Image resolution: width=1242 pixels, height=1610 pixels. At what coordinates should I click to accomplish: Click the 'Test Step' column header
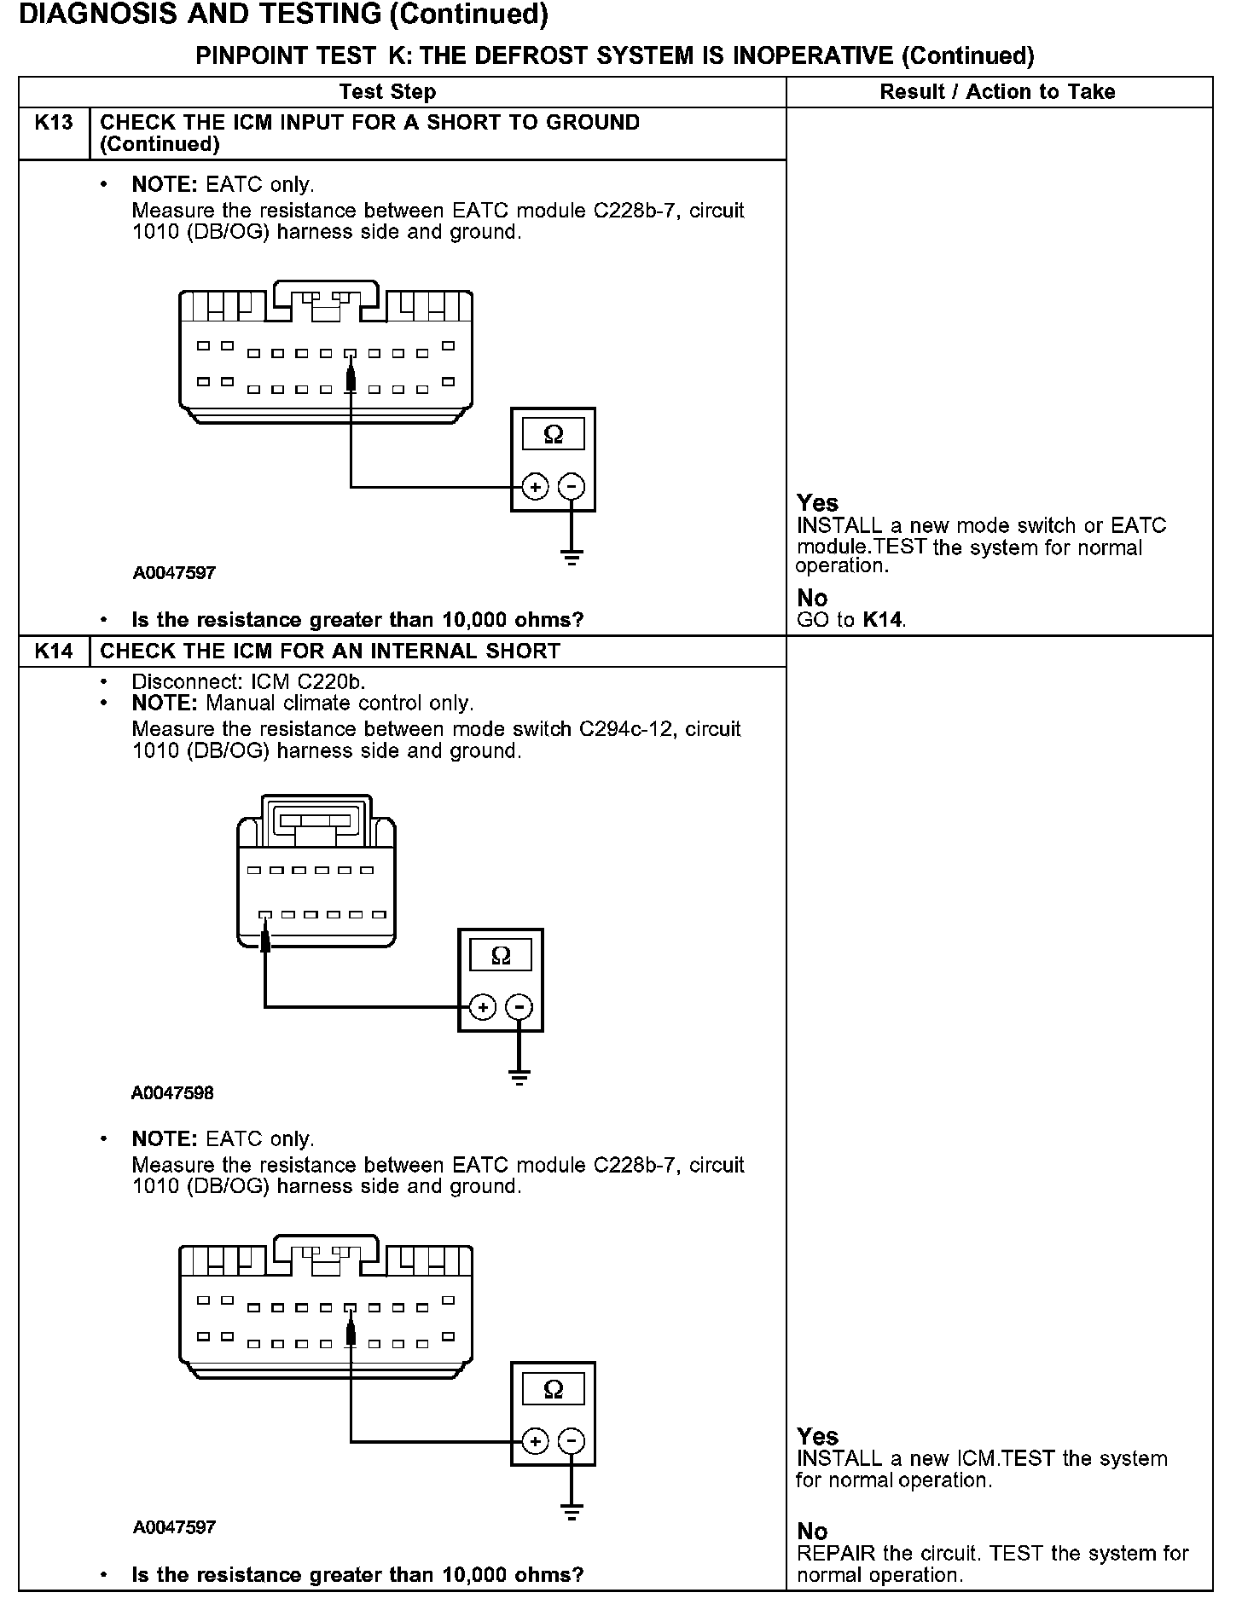(x=387, y=92)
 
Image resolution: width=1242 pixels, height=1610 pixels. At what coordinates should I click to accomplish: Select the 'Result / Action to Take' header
(x=997, y=92)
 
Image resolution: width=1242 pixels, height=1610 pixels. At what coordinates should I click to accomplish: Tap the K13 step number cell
(x=54, y=123)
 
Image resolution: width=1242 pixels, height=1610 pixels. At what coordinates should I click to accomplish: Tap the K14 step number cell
(x=54, y=652)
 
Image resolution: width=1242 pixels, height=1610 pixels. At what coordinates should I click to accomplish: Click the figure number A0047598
(x=172, y=1092)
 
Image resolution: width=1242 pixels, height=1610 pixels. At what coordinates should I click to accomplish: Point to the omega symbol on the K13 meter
(x=553, y=435)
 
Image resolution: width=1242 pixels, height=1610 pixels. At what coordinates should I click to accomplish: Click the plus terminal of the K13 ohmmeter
(x=535, y=488)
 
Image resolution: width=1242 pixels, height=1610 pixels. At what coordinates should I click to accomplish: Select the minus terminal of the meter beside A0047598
(x=519, y=1007)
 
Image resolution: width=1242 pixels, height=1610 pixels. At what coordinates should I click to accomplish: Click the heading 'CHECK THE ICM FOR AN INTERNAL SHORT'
(x=330, y=652)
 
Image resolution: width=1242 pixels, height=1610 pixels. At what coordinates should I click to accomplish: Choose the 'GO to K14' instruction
(x=851, y=620)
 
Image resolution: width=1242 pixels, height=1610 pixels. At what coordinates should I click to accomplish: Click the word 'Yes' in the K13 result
(x=817, y=503)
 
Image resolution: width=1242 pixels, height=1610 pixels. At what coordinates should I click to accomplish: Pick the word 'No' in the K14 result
(x=812, y=1531)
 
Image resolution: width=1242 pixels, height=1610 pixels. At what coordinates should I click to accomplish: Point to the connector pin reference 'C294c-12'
(x=626, y=729)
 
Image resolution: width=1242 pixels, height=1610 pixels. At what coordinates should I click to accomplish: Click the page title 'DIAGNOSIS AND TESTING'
(x=200, y=14)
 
